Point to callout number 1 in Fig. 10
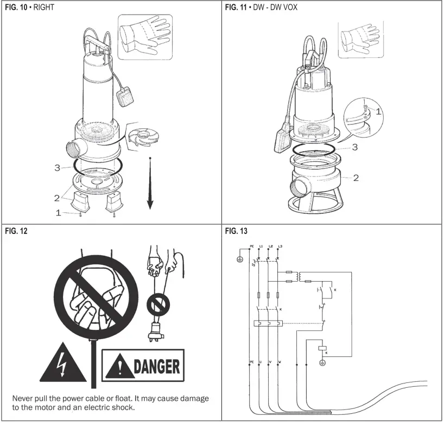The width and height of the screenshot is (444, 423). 59,213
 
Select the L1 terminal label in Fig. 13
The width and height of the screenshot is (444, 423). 261,247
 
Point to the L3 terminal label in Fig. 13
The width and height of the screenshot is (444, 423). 279,247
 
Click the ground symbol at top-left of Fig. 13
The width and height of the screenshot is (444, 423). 239,259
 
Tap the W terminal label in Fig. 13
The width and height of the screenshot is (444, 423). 280,361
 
